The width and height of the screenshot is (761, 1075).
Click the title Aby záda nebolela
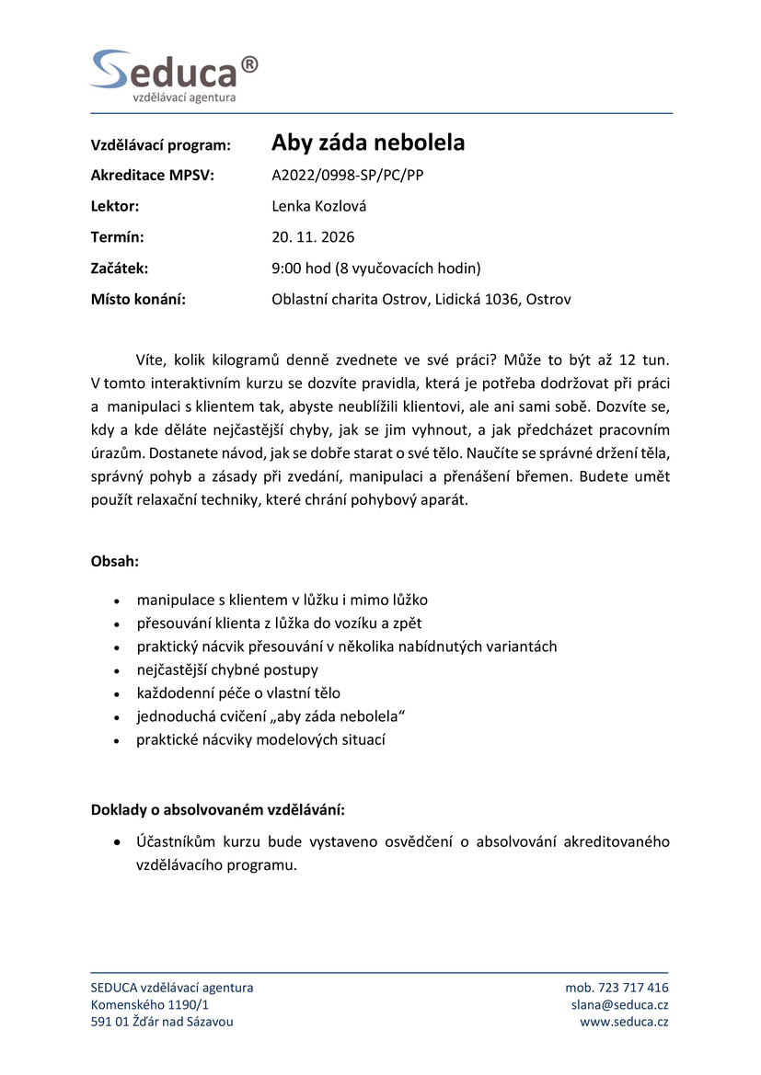click(x=368, y=143)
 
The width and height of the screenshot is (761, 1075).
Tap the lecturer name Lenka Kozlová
click(x=318, y=206)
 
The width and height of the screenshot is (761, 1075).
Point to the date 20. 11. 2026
click(x=313, y=237)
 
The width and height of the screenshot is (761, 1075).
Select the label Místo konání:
click(x=138, y=300)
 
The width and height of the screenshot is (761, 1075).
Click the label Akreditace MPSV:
click(x=152, y=175)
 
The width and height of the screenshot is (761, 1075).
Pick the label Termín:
click(x=118, y=237)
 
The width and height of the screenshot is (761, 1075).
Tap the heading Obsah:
click(x=115, y=561)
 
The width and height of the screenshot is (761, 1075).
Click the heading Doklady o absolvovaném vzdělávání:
click(x=218, y=810)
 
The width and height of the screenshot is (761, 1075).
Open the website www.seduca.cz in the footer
click(x=624, y=1022)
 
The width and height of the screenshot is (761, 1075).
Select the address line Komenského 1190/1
click(x=150, y=1005)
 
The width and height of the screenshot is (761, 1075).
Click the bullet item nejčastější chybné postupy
click(x=227, y=669)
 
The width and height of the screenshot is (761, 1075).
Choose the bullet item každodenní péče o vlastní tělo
click(x=238, y=693)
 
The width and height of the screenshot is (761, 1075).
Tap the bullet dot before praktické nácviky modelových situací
click(x=117, y=741)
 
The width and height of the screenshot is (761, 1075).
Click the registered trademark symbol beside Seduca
click(x=248, y=63)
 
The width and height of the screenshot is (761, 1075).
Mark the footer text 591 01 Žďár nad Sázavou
click(x=162, y=1022)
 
